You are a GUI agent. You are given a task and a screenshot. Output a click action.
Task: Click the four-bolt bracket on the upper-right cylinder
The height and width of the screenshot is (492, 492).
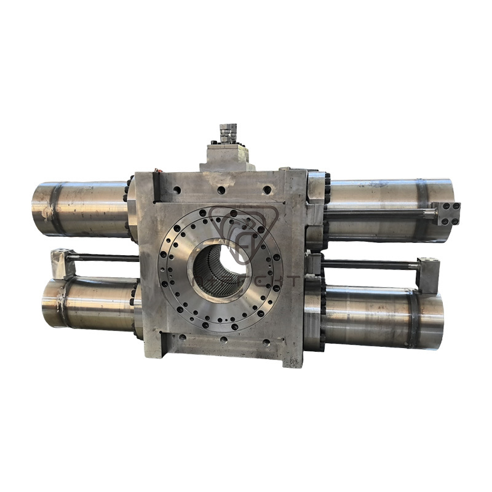pyautogui.click(x=447, y=213)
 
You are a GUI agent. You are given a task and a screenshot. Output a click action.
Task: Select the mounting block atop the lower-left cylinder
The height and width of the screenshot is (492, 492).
pyautogui.click(x=63, y=263)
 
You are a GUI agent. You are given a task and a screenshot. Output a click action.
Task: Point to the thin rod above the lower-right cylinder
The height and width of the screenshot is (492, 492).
pyautogui.click(x=369, y=265)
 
